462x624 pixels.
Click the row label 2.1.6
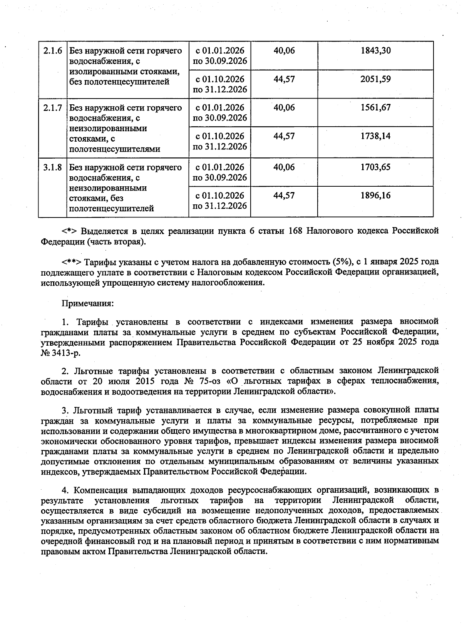53,51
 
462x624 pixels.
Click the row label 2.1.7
53,108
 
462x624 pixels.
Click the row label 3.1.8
53,167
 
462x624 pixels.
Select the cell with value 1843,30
375,50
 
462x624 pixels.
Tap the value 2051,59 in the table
375,79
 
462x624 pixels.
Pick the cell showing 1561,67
375,107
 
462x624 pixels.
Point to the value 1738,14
375,136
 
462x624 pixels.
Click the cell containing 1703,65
375,167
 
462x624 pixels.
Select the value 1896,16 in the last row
375,196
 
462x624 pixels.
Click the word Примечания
88,303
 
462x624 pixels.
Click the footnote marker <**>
71,263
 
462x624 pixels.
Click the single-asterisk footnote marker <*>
69,231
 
